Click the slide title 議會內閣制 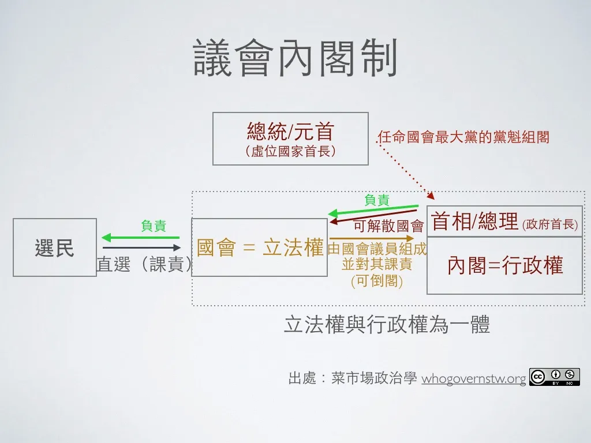(295, 59)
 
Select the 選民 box (55, 247)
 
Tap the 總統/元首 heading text (290, 132)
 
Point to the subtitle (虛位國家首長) (290, 151)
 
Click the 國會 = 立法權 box (259, 247)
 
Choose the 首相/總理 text (474, 221)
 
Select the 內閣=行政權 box (504, 266)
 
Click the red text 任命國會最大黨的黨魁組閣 (463, 137)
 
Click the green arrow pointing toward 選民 (140, 237)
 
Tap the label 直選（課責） (144, 264)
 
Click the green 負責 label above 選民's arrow (154, 226)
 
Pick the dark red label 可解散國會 (388, 226)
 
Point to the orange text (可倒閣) (377, 281)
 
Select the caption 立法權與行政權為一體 (387, 325)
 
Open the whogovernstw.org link (474, 379)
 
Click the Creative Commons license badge (554, 377)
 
